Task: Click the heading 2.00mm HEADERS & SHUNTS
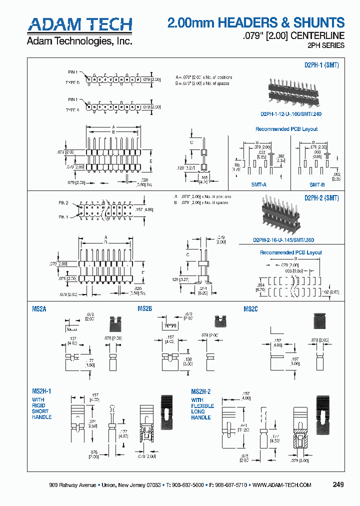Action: (255, 22)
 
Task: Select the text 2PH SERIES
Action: (325, 45)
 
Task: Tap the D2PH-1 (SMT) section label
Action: (321, 65)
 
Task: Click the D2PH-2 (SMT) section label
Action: (321, 198)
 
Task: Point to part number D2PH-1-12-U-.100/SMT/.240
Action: (291, 113)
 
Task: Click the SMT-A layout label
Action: (259, 184)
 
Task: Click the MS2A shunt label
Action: (39, 309)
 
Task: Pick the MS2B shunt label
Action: (144, 309)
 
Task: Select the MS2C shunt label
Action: (250, 309)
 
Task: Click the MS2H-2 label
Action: (201, 391)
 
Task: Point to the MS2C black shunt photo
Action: (319, 322)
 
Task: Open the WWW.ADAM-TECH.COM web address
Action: (282, 485)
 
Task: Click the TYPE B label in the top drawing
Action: (72, 82)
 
